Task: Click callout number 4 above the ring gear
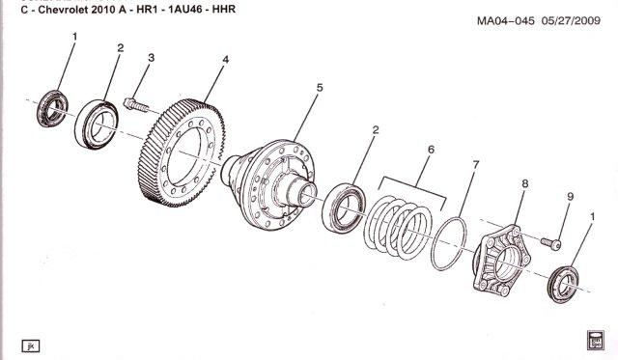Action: tap(225, 60)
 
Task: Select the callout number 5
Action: tap(320, 88)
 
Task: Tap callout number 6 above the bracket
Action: tap(431, 150)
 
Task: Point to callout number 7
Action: tap(475, 165)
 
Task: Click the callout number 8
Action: tap(525, 183)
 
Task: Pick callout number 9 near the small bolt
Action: tap(571, 197)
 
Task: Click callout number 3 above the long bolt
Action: tap(152, 58)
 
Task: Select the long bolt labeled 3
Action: tap(136, 104)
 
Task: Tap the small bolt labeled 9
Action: tap(551, 243)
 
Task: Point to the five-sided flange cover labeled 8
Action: tap(502, 261)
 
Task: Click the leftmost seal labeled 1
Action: tap(52, 108)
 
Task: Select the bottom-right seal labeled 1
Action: tap(564, 285)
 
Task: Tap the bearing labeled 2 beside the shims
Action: tap(344, 208)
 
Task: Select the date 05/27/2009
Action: tap(571, 20)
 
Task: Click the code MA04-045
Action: tap(506, 20)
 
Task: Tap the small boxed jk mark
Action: tap(30, 346)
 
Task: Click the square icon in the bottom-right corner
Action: tap(595, 340)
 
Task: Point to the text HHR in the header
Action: tap(224, 10)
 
